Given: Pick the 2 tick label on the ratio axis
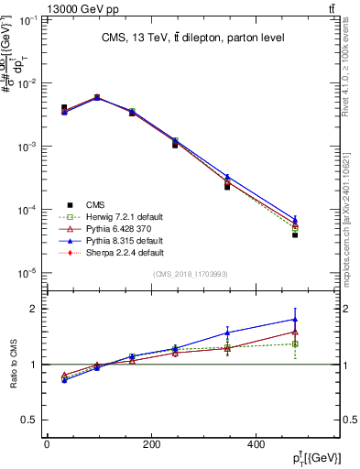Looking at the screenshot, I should (35, 309).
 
